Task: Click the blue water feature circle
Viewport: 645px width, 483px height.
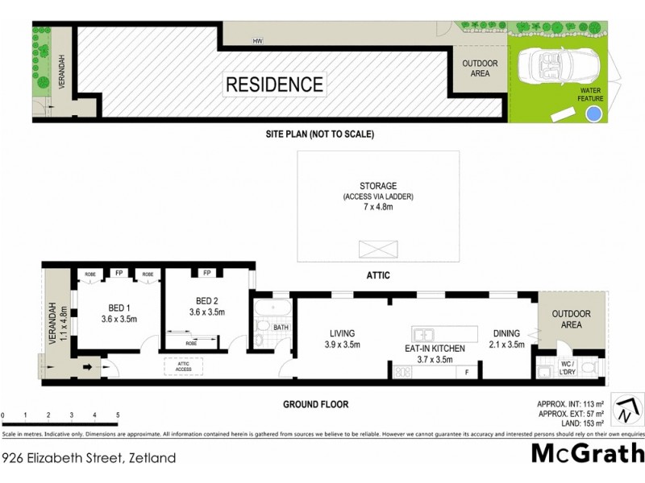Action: tap(593, 114)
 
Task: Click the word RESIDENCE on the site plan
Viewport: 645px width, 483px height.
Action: tap(274, 85)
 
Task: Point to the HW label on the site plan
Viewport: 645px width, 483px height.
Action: tap(258, 40)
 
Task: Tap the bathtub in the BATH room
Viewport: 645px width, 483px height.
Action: tap(265, 311)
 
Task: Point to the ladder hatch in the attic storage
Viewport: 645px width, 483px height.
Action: tap(377, 246)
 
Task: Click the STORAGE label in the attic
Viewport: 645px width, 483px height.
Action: tap(378, 186)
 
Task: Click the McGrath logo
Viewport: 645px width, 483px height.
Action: tap(587, 453)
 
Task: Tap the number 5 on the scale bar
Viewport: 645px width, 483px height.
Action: tap(119, 415)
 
